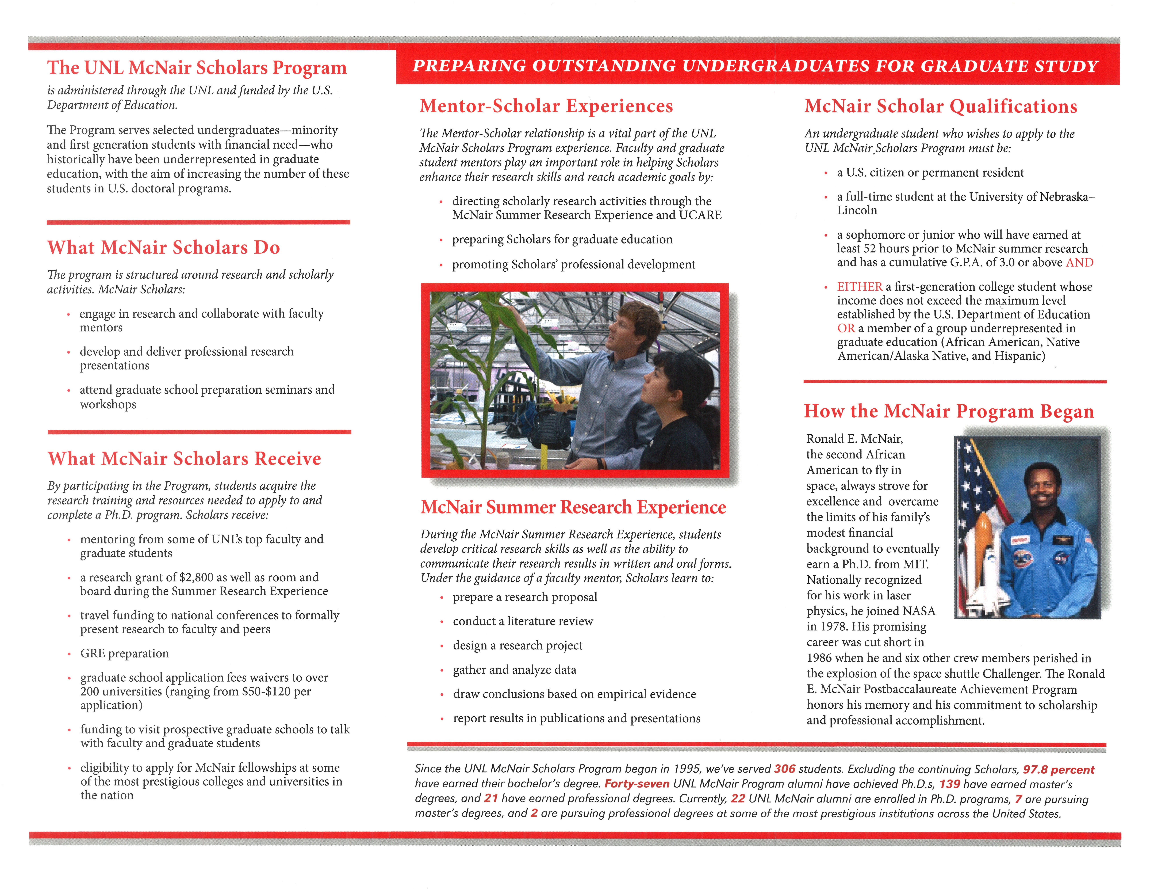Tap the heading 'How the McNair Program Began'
point(949,411)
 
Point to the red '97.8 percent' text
point(1058,769)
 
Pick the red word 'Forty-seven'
point(637,784)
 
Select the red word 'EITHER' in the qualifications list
point(859,287)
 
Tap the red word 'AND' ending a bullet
point(1079,262)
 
